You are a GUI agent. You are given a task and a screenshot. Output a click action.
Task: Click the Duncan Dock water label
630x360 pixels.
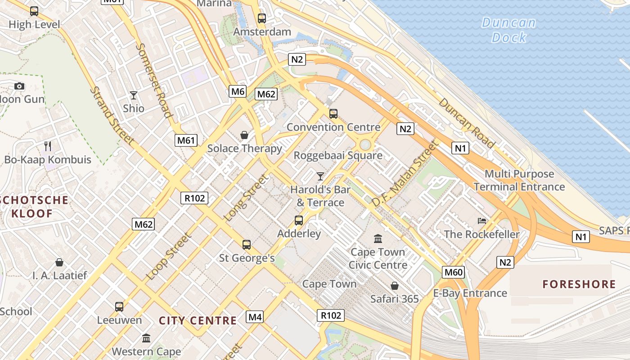(x=509, y=30)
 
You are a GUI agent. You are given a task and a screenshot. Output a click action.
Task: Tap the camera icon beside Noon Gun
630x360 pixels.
(x=19, y=86)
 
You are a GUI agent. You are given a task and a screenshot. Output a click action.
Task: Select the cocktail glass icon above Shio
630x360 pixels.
(x=134, y=95)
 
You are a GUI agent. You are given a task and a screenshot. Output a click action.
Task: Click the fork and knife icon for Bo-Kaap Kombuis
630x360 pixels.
(x=48, y=146)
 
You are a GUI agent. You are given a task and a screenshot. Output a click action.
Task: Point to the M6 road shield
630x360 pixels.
(x=238, y=92)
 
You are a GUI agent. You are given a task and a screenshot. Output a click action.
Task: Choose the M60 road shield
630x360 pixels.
(x=453, y=272)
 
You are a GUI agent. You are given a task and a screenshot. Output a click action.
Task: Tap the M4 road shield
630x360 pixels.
(x=255, y=317)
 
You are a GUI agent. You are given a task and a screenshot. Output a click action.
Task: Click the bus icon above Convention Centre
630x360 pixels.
(x=333, y=114)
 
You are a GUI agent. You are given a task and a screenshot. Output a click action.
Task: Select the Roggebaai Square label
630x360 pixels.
(x=338, y=156)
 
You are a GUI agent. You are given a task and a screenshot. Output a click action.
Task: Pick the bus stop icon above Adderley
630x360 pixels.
(x=299, y=220)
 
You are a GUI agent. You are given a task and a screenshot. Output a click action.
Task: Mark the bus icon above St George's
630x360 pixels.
(x=247, y=245)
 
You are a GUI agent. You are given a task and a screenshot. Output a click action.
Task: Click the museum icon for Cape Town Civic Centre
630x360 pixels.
(x=378, y=238)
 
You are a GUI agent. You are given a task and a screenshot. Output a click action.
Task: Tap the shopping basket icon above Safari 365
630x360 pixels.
(x=395, y=286)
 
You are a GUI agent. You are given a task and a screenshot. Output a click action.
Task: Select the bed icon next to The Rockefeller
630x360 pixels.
(x=482, y=221)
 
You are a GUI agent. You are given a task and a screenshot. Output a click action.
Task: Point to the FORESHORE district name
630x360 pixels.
(x=579, y=284)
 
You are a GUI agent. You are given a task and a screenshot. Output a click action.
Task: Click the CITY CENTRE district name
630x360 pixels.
(x=198, y=320)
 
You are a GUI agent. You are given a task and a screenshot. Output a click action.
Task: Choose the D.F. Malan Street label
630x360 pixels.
(x=405, y=174)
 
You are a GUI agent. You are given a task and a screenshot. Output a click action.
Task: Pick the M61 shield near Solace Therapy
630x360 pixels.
(x=186, y=140)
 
